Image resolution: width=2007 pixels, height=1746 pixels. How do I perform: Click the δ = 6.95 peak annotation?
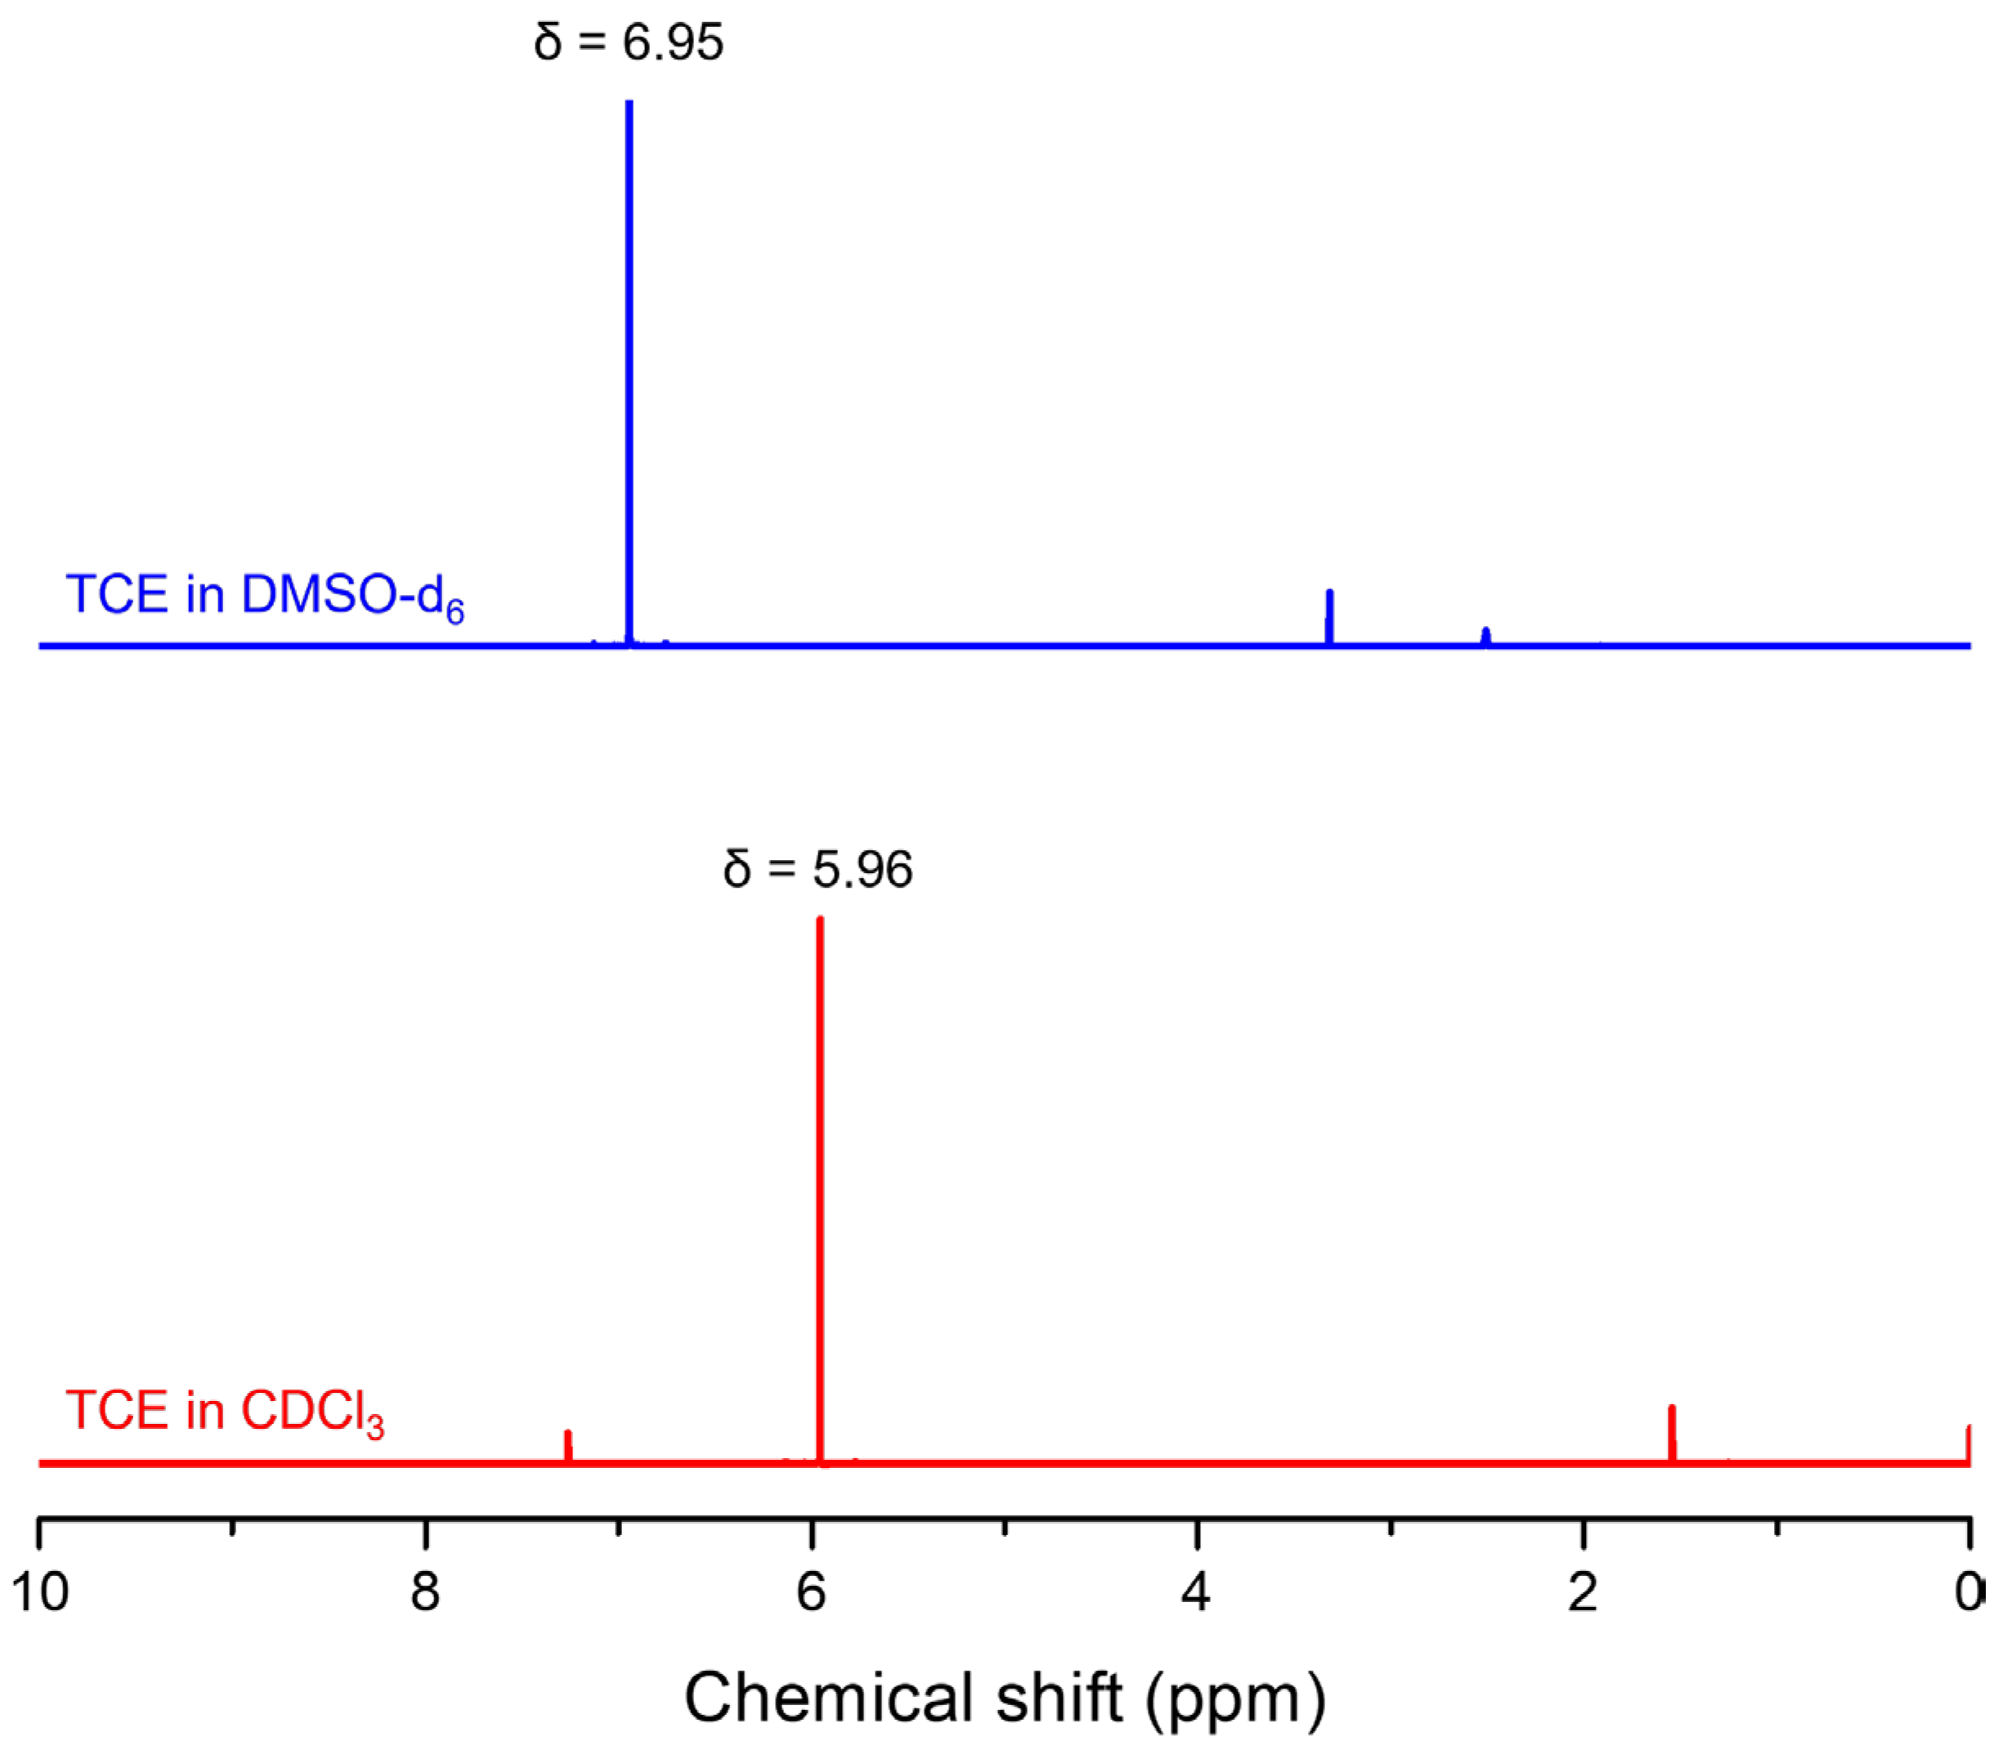point(629,43)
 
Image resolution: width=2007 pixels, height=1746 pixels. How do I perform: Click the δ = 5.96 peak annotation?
point(818,869)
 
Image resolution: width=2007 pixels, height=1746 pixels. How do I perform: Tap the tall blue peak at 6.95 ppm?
point(629,370)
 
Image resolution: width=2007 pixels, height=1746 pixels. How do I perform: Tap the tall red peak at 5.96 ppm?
point(820,1189)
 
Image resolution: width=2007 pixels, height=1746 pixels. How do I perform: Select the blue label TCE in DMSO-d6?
point(264,596)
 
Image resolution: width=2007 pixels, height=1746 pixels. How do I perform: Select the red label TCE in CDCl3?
point(224,1412)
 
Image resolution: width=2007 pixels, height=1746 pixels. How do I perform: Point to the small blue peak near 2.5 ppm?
point(1485,635)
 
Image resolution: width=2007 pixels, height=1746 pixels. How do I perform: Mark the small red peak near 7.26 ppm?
point(568,1445)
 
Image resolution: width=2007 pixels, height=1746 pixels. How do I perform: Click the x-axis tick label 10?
point(40,1594)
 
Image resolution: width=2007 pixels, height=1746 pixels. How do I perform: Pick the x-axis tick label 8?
point(425,1594)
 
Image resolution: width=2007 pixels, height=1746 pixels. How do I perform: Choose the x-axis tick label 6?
point(812,1594)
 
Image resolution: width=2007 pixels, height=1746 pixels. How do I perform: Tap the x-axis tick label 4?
point(1196,1594)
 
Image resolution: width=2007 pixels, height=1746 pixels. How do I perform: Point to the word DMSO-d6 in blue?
point(352,596)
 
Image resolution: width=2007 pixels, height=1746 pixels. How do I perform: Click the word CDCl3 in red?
point(311,1412)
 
